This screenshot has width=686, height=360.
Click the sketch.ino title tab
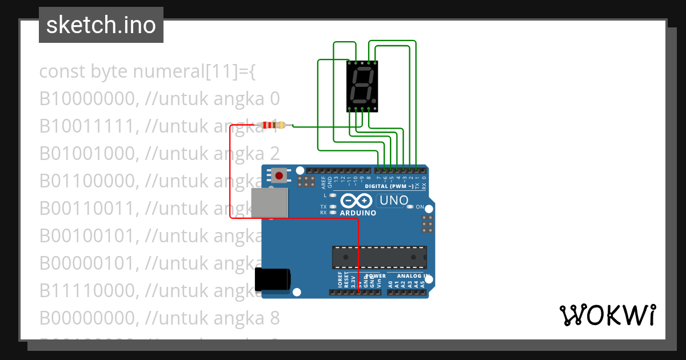tap(101, 25)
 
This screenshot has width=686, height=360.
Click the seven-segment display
tap(362, 86)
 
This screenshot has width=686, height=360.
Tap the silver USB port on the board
tap(270, 203)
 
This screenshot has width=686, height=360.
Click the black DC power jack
tap(272, 279)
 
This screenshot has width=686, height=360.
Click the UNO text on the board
tap(394, 201)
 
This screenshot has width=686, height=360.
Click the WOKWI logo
tap(607, 315)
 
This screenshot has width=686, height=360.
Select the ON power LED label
tap(420, 207)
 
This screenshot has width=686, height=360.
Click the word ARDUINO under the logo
tap(358, 213)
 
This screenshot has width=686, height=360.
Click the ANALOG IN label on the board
tap(409, 276)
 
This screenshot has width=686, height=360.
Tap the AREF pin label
tap(323, 182)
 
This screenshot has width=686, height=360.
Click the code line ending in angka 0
tap(159, 99)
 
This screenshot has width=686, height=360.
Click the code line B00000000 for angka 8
tap(159, 318)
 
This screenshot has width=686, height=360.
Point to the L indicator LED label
tap(325, 195)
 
